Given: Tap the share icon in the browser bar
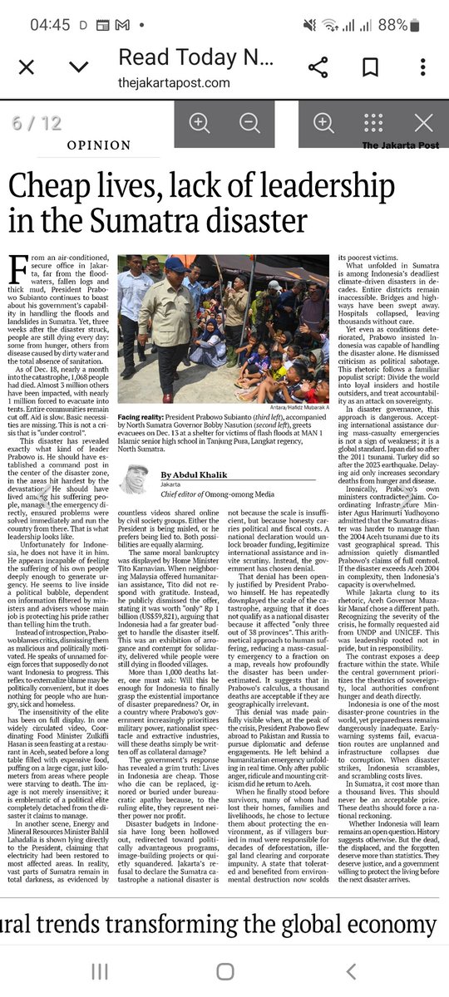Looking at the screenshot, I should [x=317, y=66].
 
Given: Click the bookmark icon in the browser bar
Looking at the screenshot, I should [x=371, y=66].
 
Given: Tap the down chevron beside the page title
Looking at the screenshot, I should [x=79, y=66].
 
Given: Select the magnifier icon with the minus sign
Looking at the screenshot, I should [x=249, y=123].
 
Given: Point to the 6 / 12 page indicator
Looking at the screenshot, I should [x=37, y=123].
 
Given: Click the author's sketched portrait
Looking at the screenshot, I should [x=134, y=479].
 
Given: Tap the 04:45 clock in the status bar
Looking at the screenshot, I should [x=49, y=25].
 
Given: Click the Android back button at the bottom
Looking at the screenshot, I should [x=351, y=970].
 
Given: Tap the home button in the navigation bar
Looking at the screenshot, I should [x=224, y=970].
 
